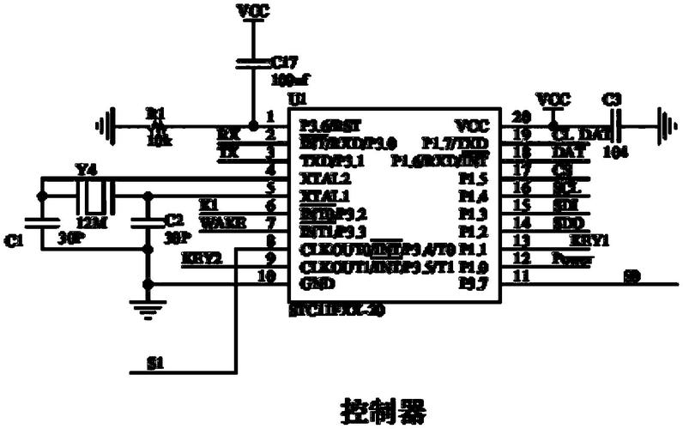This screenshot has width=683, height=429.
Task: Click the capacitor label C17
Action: point(285,62)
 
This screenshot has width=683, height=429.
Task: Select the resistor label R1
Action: point(154,112)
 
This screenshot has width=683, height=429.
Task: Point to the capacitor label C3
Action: point(612,100)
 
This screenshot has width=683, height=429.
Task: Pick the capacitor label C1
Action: point(12,243)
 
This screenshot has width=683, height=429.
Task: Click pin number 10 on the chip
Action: point(269,276)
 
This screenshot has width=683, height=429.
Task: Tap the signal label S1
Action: point(154,365)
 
